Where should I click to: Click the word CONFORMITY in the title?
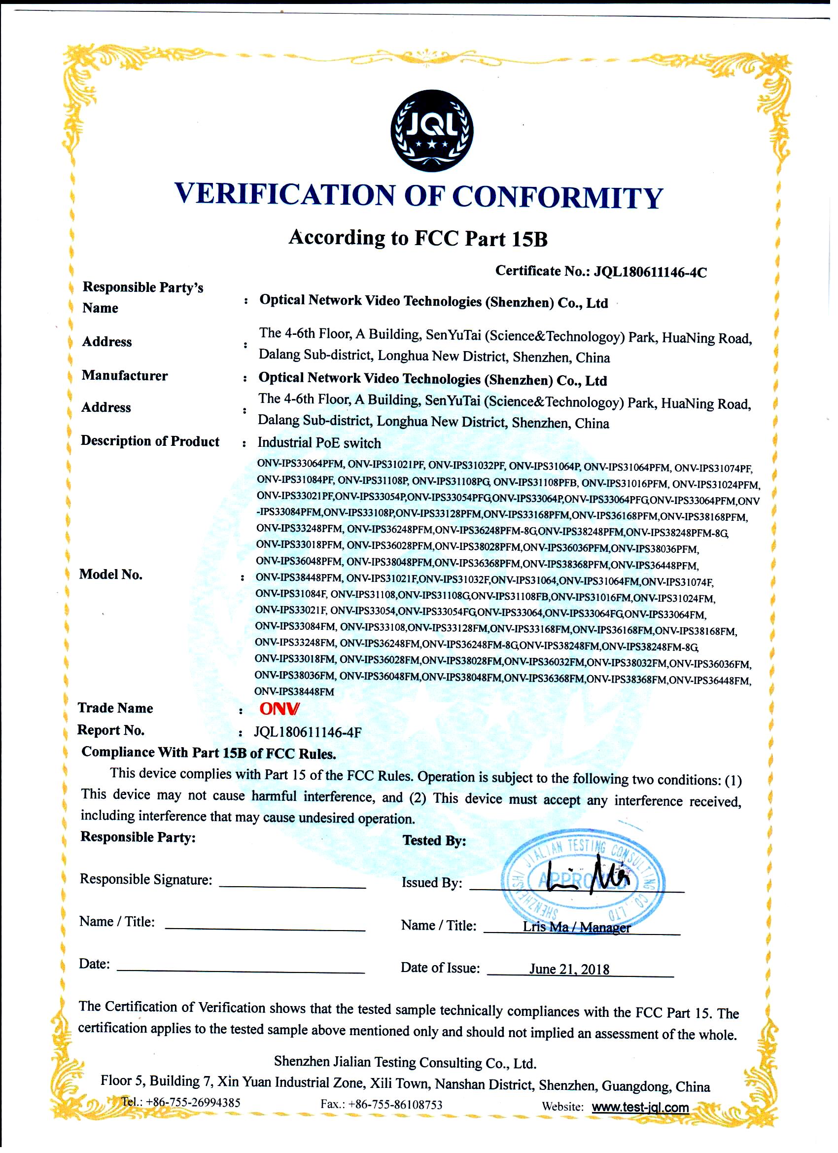pos(558,197)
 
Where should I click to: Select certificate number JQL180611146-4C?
pos(650,273)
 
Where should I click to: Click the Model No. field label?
pos(111,575)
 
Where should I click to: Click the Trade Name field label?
pos(115,708)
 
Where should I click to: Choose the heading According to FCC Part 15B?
pos(418,238)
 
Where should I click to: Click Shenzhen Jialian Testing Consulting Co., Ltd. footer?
pos(405,1063)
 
